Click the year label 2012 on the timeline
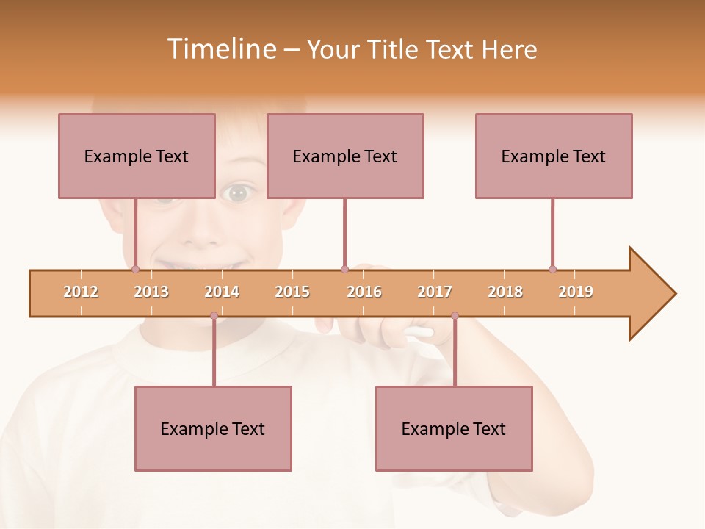[81, 292]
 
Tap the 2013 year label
[151, 292]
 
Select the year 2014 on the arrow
[222, 292]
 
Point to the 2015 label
[292, 292]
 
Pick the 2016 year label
[364, 292]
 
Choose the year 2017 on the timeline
[435, 292]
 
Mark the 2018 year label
[505, 292]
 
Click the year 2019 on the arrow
[576, 292]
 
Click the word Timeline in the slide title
[220, 49]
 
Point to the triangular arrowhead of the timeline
[651, 294]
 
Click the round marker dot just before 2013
[135, 269]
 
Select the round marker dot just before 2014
[214, 316]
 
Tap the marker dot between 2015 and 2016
[344, 269]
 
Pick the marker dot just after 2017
[455, 316]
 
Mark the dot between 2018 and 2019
[552, 269]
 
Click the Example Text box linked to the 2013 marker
[137, 156]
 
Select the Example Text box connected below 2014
[213, 428]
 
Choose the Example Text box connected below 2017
[454, 428]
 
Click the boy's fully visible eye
[237, 194]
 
